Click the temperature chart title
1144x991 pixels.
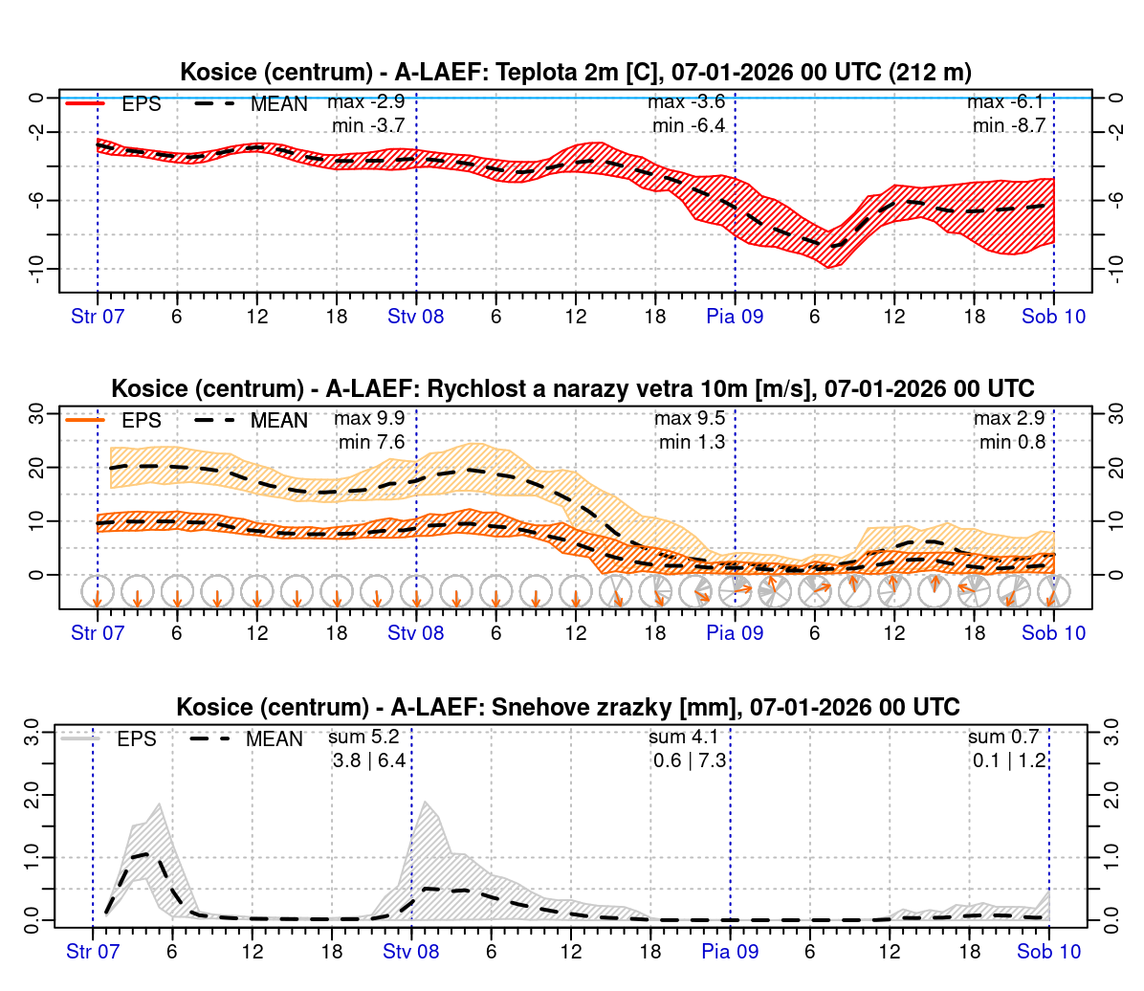(x=575, y=72)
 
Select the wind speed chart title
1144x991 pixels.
(x=572, y=388)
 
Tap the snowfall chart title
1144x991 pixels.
(x=567, y=707)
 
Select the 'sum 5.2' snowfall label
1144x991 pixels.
(x=363, y=738)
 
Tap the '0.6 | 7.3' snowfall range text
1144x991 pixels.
(x=690, y=760)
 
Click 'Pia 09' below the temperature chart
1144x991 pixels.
(x=735, y=317)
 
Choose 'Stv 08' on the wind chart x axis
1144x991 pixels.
(x=416, y=633)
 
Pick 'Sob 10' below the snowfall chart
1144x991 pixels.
(x=1048, y=951)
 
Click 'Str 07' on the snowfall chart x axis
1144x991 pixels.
(x=93, y=951)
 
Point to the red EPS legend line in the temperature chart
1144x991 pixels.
(x=84, y=103)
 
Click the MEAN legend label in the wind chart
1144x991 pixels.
(x=278, y=421)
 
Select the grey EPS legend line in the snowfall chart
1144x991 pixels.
(x=80, y=738)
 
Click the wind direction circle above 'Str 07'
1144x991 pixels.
(x=98, y=592)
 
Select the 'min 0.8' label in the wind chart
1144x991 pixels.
(x=1012, y=442)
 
